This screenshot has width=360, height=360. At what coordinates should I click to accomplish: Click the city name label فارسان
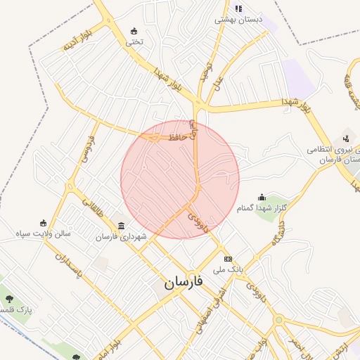(184, 283)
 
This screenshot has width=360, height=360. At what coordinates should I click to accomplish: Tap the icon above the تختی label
(134, 31)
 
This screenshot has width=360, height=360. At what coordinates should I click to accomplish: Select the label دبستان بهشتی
(238, 20)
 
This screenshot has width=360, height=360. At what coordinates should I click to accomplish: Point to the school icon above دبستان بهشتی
(238, 8)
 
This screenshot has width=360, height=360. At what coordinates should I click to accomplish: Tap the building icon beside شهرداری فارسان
(122, 226)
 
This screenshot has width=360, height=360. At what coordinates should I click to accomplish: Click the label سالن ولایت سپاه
(44, 234)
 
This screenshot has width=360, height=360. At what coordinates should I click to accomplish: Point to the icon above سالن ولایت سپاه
(44, 223)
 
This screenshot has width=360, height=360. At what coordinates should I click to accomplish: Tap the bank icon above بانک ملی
(227, 258)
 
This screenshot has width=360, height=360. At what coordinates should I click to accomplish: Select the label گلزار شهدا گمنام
(262, 208)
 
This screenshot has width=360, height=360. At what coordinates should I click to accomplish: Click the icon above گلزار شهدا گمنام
(262, 197)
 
